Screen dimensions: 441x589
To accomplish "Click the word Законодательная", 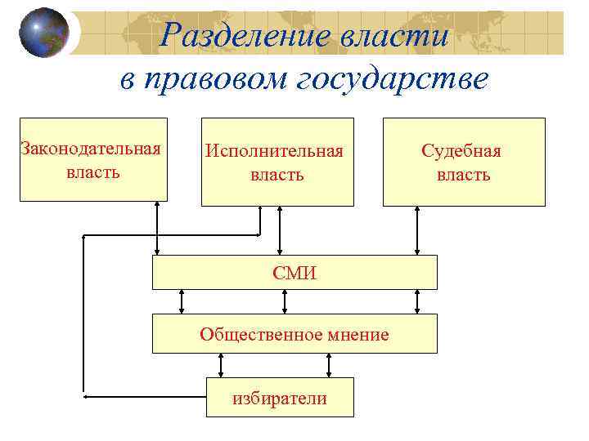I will pos(91,149).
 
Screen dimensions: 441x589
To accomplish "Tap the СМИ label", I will pos(294,273).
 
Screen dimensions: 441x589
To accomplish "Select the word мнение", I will pos(354,334).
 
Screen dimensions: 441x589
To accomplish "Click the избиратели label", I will pos(279,398).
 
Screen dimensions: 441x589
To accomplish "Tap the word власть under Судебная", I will pos(463,174).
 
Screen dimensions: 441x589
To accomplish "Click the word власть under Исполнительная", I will pos(277,174).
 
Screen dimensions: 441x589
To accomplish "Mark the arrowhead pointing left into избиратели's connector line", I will pos(89,396).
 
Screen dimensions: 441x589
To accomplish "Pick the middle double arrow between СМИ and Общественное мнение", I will pos(284,301).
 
